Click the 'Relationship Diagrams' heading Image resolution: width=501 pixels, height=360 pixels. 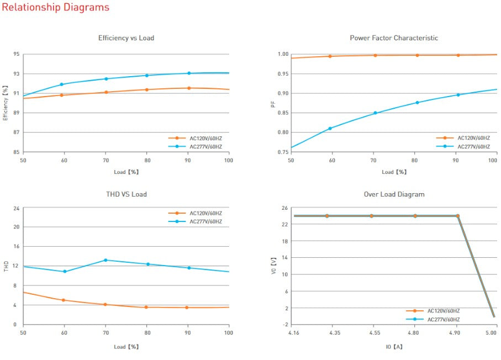pyautogui.click(x=56, y=8)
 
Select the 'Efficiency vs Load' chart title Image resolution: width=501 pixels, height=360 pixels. pyautogui.click(x=126, y=38)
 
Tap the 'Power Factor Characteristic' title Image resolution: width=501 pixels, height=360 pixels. pyautogui.click(x=394, y=38)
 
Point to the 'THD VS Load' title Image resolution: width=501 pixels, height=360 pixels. pyautogui.click(x=126, y=194)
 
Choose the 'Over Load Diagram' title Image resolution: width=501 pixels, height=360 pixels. pyautogui.click(x=394, y=194)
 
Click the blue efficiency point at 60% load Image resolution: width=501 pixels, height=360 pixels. pyautogui.click(x=62, y=84)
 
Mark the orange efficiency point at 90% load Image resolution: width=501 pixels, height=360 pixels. pyautogui.click(x=189, y=88)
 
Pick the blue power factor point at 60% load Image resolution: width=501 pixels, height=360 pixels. pyautogui.click(x=330, y=128)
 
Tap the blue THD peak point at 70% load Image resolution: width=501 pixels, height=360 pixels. pyautogui.click(x=106, y=260)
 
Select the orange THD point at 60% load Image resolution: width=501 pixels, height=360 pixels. pyautogui.click(x=64, y=300)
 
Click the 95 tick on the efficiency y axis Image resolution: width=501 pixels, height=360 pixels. pyautogui.click(x=17, y=54)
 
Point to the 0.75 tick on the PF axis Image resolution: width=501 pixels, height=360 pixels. pyautogui.click(x=283, y=152)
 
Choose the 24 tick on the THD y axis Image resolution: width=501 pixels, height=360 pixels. pyautogui.click(x=17, y=208)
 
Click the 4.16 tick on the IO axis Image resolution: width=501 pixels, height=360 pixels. pyautogui.click(x=294, y=333)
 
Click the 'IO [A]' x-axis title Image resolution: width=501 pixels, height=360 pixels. pyautogui.click(x=394, y=347)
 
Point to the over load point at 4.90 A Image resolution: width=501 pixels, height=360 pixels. pyautogui.click(x=458, y=216)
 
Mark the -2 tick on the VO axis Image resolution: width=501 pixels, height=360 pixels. pyautogui.click(x=284, y=325)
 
